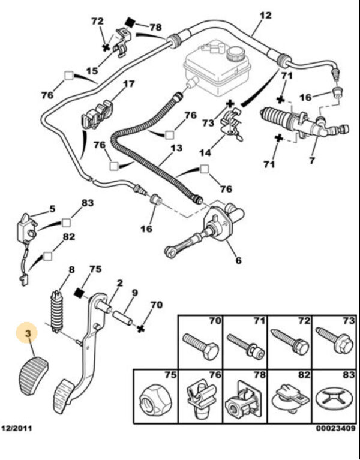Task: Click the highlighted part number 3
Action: coord(26,331)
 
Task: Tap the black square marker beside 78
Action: coord(128,23)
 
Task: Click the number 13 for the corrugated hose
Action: coord(175,147)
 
